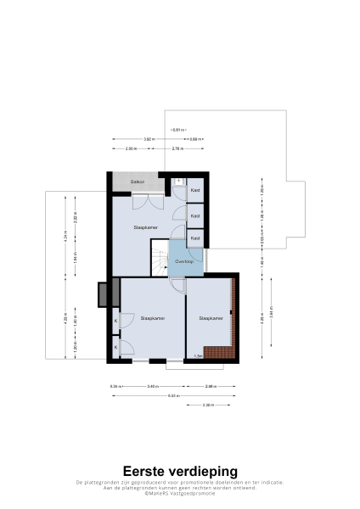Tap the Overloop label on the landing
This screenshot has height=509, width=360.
coord(183,262)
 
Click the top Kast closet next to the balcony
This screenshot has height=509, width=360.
coord(195,190)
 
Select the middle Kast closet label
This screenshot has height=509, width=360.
coord(195,216)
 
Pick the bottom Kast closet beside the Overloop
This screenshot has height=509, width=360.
coord(195,239)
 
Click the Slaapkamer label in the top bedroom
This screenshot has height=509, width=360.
coord(146,228)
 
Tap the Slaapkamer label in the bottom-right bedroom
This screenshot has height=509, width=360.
coord(211,318)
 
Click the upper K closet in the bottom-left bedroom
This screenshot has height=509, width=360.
coord(115,321)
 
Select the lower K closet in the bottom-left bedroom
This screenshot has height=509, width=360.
coord(115,347)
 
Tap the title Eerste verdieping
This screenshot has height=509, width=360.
coord(180,471)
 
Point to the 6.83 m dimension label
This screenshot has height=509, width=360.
coord(173,395)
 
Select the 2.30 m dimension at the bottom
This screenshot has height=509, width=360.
coord(208,405)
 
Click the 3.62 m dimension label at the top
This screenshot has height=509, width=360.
coord(148,139)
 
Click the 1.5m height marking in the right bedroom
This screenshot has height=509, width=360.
coord(197,356)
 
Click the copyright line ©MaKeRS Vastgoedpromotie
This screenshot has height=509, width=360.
coord(180,493)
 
